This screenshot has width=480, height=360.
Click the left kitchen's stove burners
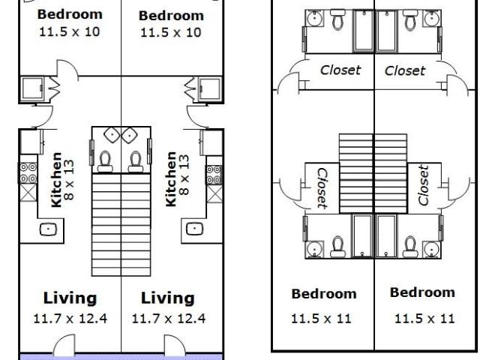pos(28,173)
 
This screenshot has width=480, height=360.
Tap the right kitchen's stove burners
pos(214,175)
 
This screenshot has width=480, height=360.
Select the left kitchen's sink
pos(48,229)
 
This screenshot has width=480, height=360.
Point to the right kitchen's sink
pos(195,229)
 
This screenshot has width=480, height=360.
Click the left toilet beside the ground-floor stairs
pos(105,162)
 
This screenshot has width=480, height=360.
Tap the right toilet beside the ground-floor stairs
pos(135,162)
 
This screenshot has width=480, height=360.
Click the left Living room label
pos(70,298)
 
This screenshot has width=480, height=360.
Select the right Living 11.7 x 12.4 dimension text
pos(169,319)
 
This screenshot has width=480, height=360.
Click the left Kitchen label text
pos(57,180)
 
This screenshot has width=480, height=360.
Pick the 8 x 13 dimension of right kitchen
pos(184,175)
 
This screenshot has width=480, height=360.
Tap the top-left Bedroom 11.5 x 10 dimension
pos(70,31)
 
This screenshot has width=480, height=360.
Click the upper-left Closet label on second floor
pos(340,70)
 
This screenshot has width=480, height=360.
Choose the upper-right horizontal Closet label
pos(405,70)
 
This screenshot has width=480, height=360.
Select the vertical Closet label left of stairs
pos(322,188)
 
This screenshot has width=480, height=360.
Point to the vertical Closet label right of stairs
pos(423,185)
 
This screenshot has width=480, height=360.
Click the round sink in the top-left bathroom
pos(313,19)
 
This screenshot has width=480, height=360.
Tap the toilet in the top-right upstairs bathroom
pos(410,20)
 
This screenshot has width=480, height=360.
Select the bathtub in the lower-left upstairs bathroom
pos(362,236)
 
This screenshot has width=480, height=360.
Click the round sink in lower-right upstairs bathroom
pos(431,249)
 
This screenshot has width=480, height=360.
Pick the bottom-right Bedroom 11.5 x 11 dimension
pos(424,319)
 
